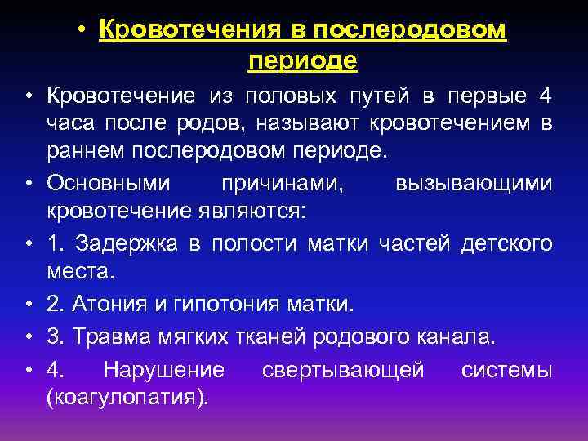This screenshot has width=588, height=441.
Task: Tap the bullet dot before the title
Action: [83, 32]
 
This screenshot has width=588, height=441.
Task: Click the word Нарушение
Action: [164, 370]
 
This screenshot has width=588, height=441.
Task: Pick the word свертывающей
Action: [343, 370]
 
